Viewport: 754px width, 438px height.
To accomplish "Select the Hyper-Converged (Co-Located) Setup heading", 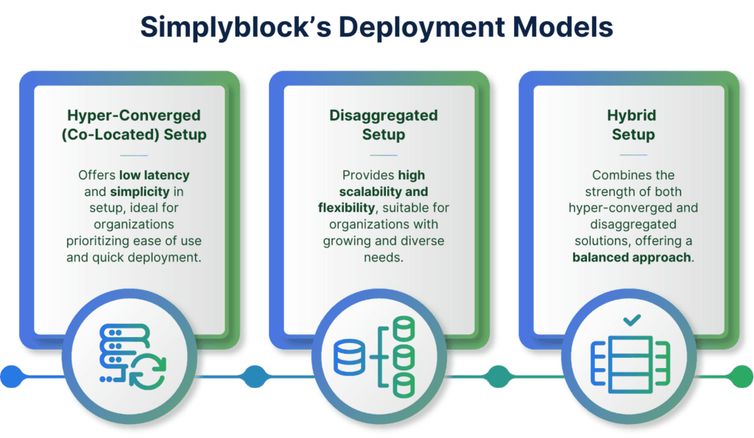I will pyautogui.click(x=133, y=125).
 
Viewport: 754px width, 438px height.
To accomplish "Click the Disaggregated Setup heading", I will pyautogui.click(x=383, y=125).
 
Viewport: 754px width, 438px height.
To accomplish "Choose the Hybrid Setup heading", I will pyautogui.click(x=633, y=125).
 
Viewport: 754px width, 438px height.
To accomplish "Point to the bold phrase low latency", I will pyautogui.click(x=156, y=175).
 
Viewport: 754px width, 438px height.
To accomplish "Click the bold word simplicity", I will pyautogui.click(x=148, y=191).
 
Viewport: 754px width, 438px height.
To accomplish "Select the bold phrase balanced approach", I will pyautogui.click(x=633, y=257).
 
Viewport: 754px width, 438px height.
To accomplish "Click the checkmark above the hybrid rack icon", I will pyautogui.click(x=632, y=320).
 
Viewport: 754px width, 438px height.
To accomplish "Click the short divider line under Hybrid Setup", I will pyautogui.click(x=633, y=155).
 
